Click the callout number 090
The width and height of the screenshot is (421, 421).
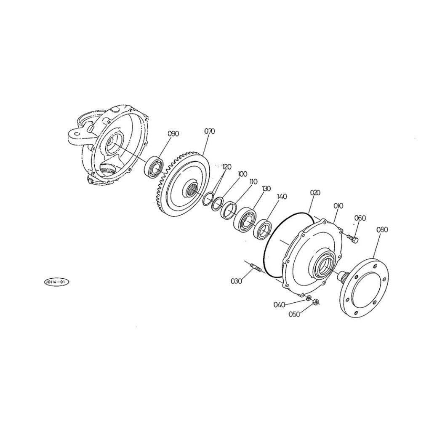[x=173, y=133]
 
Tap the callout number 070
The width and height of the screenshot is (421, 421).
[x=210, y=131]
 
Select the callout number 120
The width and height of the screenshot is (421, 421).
[x=226, y=167]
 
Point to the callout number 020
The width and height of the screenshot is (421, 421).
[x=315, y=192]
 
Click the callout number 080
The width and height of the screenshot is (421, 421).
[x=382, y=229]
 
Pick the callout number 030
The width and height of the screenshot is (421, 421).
[x=236, y=281]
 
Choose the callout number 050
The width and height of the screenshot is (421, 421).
[x=294, y=314]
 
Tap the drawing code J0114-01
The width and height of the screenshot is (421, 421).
[x=56, y=282]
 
